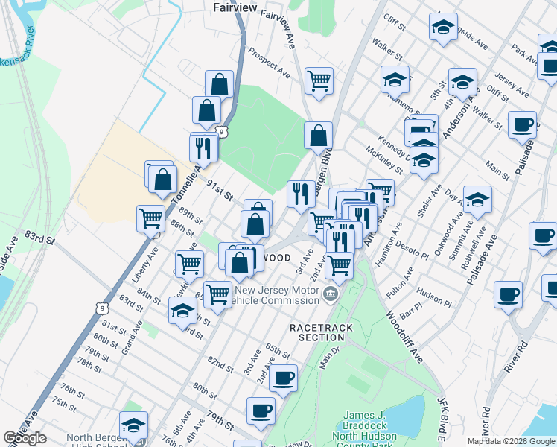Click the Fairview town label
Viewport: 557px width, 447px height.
[x=235, y=7]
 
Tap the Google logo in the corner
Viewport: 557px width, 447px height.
[x=25, y=438]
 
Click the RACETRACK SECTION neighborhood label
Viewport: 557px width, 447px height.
[x=317, y=332]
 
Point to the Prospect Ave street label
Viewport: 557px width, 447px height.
[x=269, y=65]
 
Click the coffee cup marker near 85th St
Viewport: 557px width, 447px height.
[x=283, y=377]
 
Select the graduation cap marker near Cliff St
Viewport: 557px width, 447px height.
[x=443, y=28]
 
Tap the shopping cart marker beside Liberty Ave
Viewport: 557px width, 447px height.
[x=150, y=218]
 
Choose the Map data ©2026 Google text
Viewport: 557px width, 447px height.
[x=512, y=441]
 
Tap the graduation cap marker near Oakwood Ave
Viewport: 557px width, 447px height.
[x=477, y=198]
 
